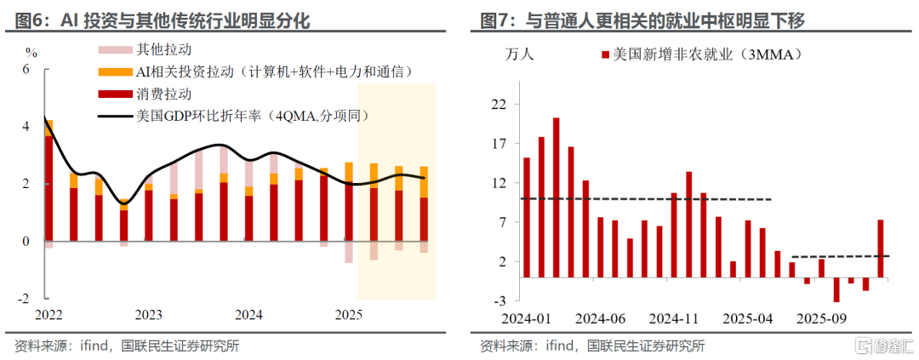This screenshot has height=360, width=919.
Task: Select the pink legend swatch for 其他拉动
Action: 114,49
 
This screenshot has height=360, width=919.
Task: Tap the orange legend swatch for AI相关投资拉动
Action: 114,72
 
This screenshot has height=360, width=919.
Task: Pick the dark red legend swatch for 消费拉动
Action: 114,94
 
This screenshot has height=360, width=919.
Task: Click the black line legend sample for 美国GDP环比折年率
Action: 114,116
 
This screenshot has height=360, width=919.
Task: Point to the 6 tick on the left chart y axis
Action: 26,69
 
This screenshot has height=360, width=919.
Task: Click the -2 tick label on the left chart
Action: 23,299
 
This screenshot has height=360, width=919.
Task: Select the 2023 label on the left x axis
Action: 149,316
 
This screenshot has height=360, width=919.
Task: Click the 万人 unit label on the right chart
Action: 519,55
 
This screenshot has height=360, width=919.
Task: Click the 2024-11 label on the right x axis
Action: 675,320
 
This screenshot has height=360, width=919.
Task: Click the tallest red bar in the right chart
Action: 557,197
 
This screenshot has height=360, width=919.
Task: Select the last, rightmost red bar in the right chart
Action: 881,249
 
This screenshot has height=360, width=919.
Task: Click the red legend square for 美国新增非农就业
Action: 604,55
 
